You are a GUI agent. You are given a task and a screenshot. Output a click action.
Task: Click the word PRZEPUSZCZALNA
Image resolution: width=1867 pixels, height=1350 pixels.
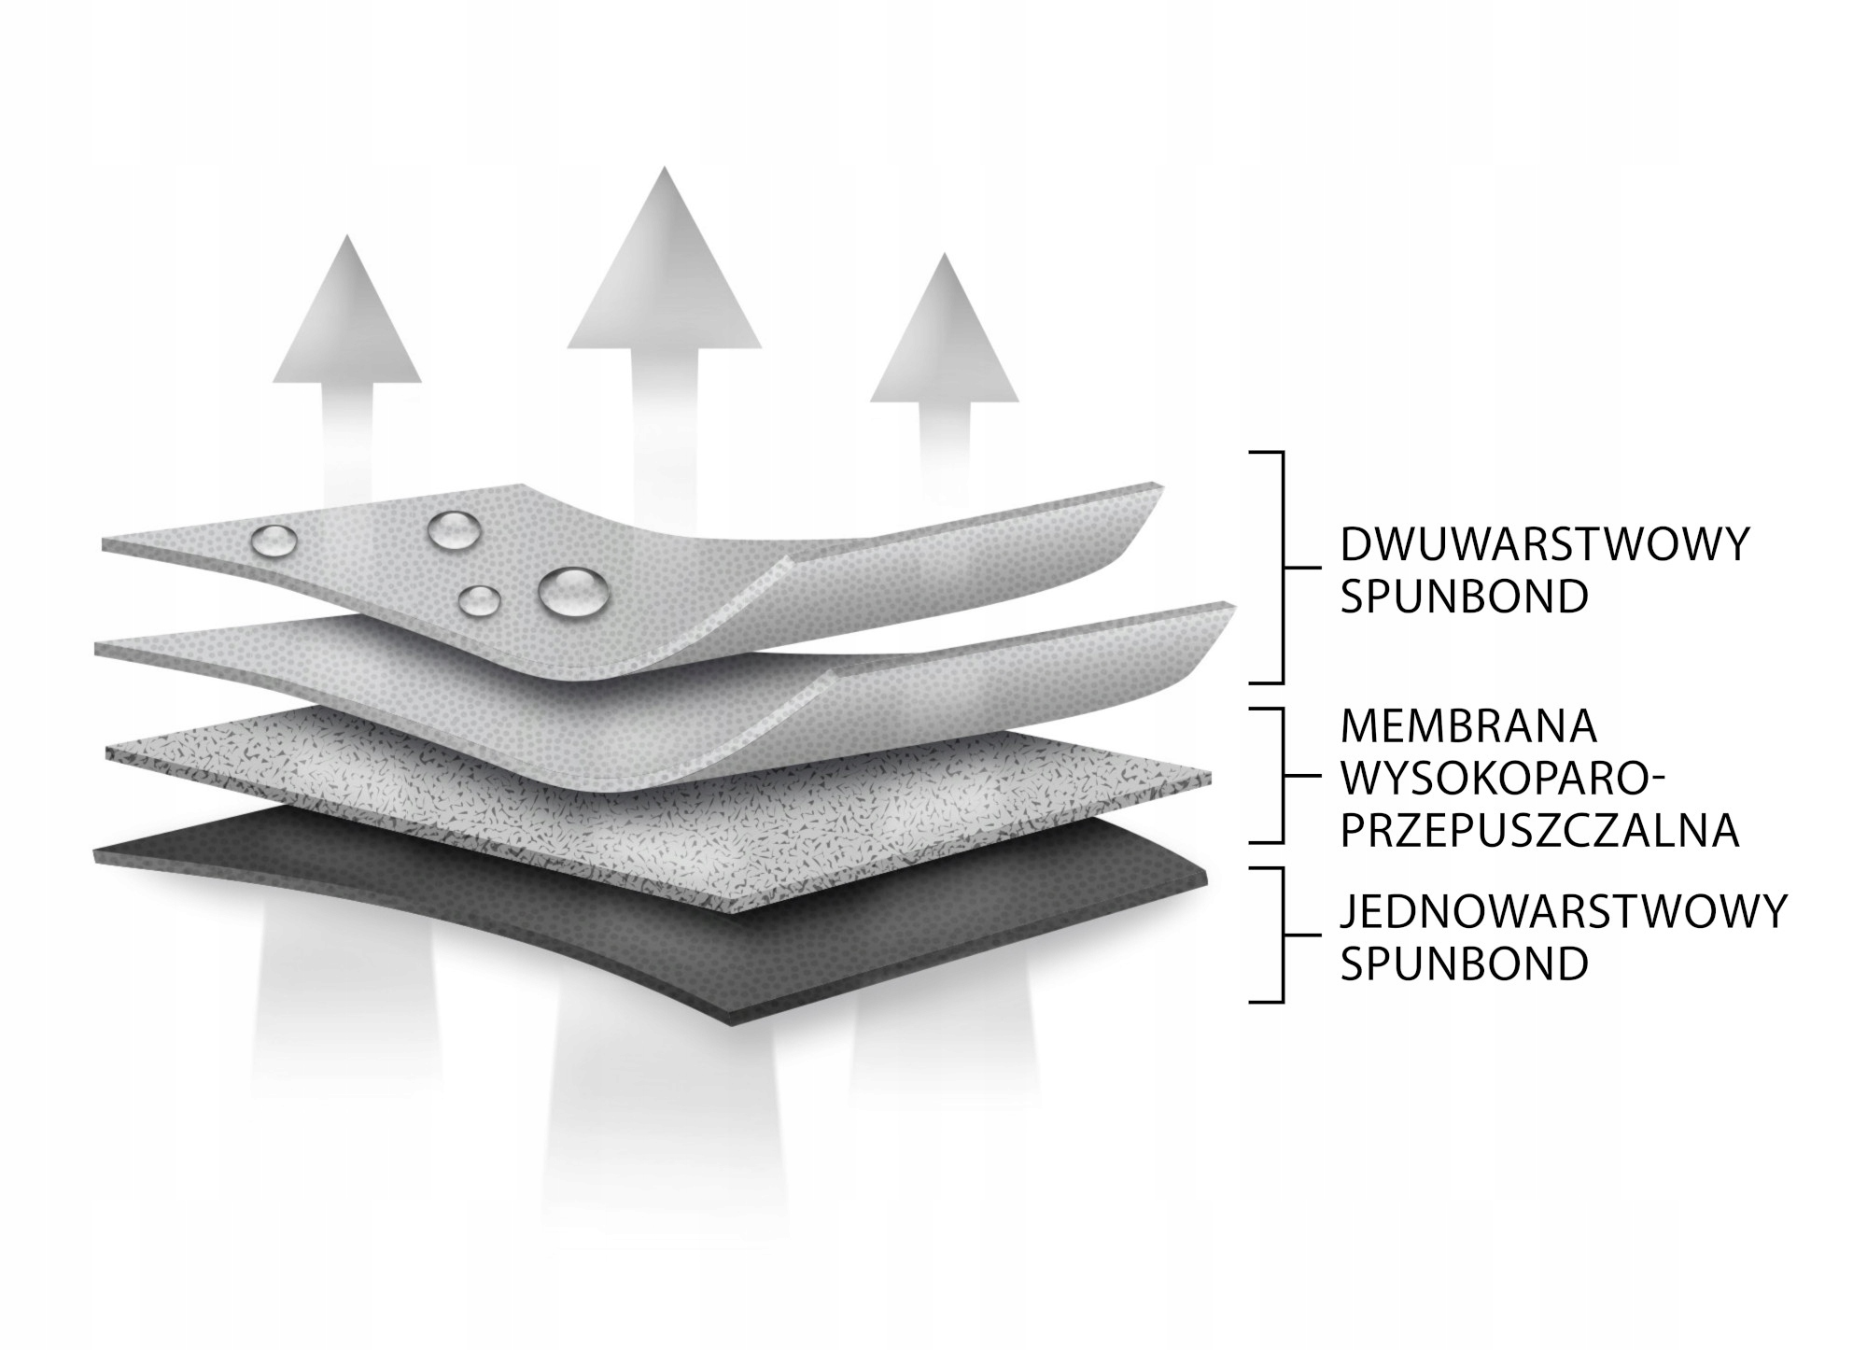[x=1539, y=830]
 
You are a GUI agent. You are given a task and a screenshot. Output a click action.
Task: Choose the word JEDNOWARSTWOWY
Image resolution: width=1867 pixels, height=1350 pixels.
[x=1563, y=911]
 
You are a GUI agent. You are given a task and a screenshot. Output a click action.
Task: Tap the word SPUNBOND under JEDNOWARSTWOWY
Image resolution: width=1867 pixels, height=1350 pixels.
[x=1464, y=963]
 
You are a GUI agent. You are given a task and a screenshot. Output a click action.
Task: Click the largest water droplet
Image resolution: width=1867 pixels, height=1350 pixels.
[x=572, y=592]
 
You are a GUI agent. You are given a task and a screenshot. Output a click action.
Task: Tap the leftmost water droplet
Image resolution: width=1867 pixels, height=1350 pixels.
[x=275, y=540]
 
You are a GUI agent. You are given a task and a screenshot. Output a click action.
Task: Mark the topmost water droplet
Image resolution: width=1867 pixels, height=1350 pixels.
[x=455, y=530]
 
